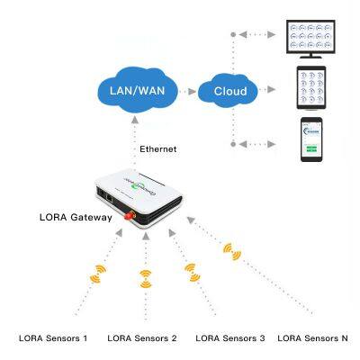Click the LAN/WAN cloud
[x=134, y=92]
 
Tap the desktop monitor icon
[x=308, y=38]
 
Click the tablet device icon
[x=308, y=90]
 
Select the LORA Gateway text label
[x=77, y=218]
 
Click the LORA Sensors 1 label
[x=53, y=338]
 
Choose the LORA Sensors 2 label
[x=142, y=338]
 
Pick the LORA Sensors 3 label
[x=230, y=338]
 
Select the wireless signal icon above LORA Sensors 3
[x=189, y=268]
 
